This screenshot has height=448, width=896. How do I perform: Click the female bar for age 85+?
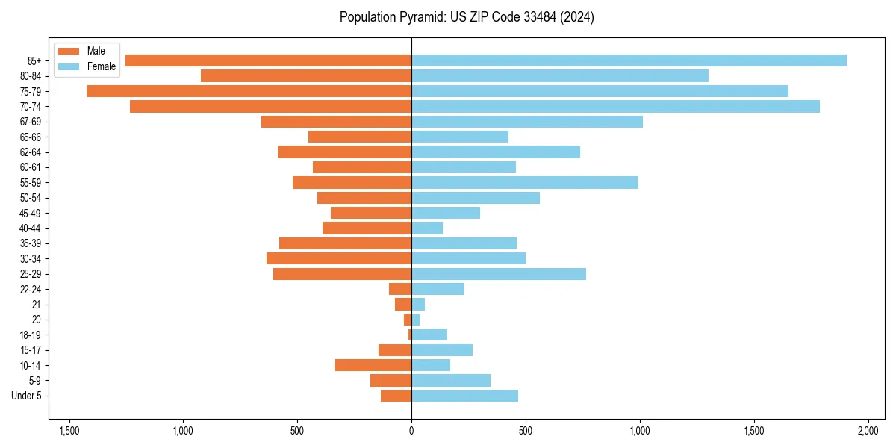coord(629,60)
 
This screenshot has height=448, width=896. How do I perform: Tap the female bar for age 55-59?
coord(525,182)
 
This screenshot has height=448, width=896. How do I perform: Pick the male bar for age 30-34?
coord(339,258)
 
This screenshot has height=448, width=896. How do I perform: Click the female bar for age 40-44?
coord(427,228)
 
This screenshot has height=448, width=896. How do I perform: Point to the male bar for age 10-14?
coord(373,365)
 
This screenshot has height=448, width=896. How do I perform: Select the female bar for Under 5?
coord(464,396)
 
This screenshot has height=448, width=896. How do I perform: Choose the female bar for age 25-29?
coord(499,274)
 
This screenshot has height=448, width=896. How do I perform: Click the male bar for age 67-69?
coord(336,122)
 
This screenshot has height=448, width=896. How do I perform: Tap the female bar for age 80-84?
coord(560,75)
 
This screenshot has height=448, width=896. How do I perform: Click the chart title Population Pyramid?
coord(467,17)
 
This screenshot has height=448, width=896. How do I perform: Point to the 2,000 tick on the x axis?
coord(868,432)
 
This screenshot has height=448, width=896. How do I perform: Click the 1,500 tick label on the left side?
coord(69,432)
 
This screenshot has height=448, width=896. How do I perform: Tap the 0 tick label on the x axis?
coord(411,432)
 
